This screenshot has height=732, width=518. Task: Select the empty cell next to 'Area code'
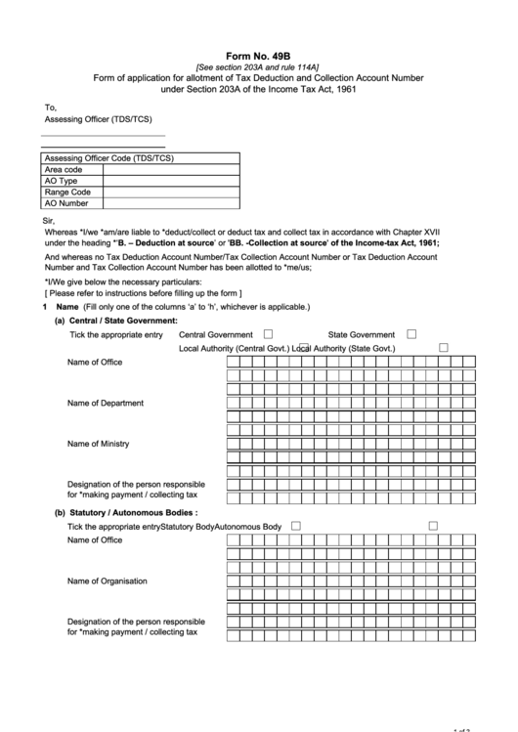169,169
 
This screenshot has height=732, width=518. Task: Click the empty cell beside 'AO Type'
169,181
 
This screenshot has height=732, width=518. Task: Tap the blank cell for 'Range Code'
169,193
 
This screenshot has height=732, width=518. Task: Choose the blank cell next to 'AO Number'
169,204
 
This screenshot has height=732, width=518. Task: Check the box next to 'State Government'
411,333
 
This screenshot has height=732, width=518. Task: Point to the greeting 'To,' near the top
51,108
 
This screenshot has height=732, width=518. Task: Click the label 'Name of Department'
106,403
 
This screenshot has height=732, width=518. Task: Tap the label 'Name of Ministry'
98,444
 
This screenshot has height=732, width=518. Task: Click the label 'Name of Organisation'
108,581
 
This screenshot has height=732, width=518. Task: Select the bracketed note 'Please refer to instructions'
143,293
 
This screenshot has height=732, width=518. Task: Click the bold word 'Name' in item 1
67,307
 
